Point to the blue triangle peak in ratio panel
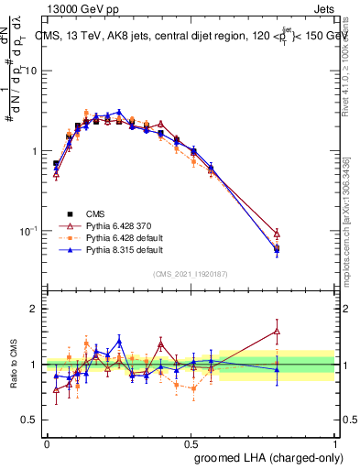pos(119,341)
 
